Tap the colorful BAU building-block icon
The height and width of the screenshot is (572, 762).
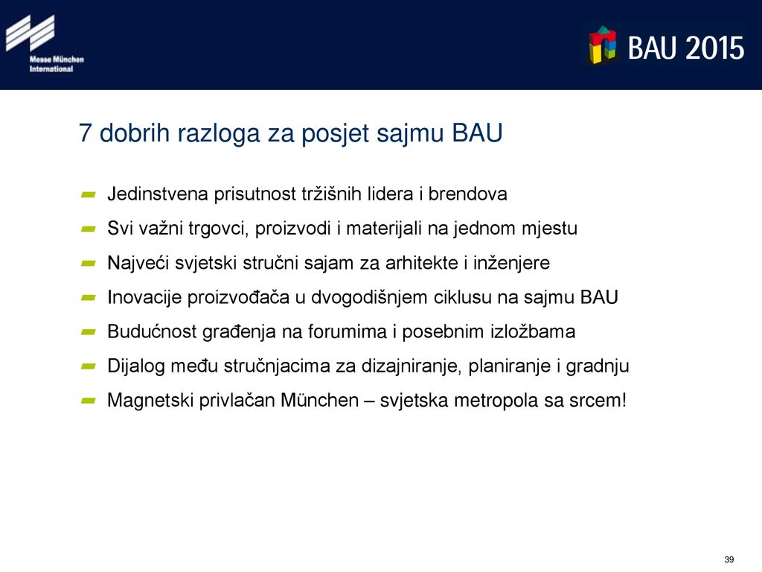point(603,45)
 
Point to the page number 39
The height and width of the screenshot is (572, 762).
point(729,559)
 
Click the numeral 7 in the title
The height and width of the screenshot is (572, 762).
point(85,133)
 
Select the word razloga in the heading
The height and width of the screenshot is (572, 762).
point(220,134)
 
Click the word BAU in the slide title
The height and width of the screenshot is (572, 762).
point(477,133)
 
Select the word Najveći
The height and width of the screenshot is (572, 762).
point(138,263)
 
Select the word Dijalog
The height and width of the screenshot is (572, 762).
point(136,366)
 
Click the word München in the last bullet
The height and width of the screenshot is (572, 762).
point(320,400)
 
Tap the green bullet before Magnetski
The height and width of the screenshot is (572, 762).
point(89,401)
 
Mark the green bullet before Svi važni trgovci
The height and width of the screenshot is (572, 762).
point(89,229)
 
